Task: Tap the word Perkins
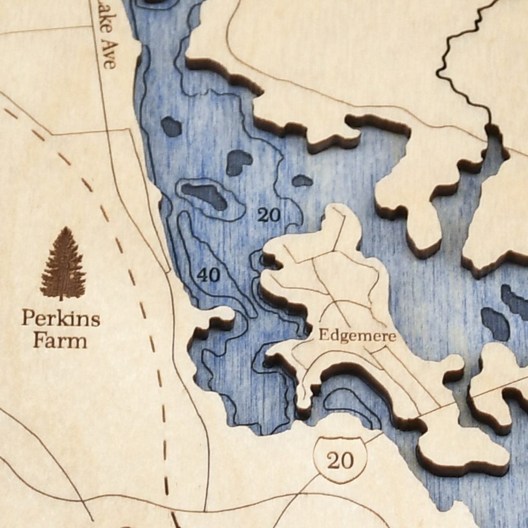pos(61,319)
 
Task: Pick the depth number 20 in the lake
pos(269,214)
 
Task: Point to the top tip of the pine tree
pos(64,229)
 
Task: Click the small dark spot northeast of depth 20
pos(302,181)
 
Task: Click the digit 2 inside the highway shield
pos(333,460)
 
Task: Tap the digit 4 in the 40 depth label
pos(202,275)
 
